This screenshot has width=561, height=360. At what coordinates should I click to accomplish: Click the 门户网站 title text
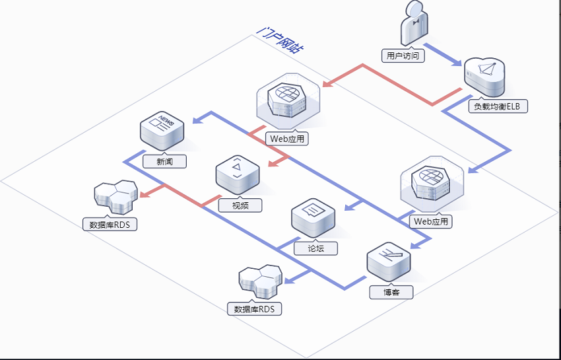280,40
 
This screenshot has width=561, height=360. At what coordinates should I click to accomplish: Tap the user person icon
414,23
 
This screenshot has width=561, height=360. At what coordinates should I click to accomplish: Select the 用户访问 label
403,56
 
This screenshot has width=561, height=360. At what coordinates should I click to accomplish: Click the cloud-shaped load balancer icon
485,77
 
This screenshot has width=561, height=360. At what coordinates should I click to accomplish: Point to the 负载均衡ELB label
498,106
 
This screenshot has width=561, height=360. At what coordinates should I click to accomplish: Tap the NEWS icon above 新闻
162,131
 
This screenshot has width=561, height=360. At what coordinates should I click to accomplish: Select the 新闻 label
164,162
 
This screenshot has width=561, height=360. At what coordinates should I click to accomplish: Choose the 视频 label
240,205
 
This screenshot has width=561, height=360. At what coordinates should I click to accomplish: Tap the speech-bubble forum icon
313,218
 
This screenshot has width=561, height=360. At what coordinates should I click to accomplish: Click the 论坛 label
315,248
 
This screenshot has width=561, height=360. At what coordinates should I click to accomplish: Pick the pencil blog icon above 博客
389,262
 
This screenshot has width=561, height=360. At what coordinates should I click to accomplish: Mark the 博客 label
391,293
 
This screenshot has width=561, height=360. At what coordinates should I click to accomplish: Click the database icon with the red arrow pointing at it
115,197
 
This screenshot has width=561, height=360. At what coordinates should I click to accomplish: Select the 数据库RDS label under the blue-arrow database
254,308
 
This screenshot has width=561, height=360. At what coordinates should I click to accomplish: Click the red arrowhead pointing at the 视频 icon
274,163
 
